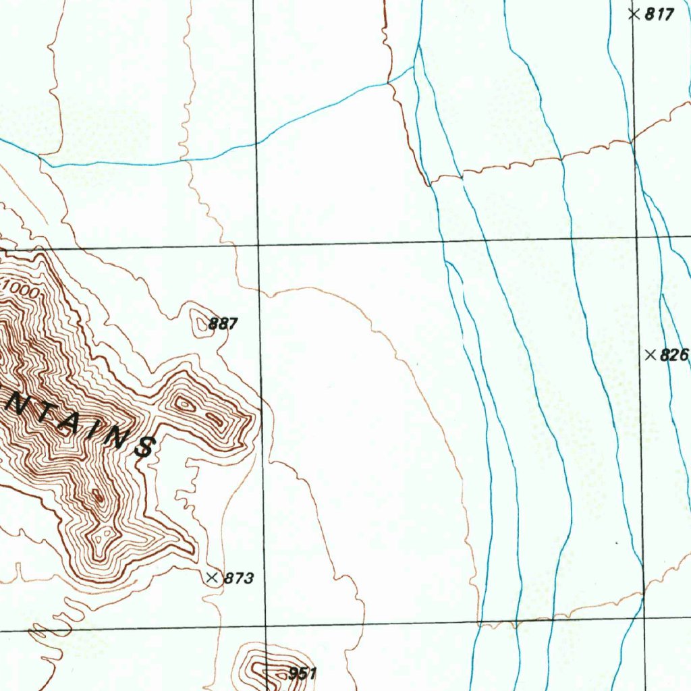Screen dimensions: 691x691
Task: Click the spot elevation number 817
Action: [659, 14]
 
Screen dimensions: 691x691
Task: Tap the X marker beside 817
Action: [633, 13]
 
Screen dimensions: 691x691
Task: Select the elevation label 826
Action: [674, 355]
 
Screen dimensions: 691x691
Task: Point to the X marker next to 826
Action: [651, 354]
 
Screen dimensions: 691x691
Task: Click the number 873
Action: [238, 578]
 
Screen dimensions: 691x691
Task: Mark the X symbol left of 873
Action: [213, 577]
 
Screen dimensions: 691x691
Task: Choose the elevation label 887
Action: [223, 324]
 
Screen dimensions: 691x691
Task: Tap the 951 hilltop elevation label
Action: [302, 673]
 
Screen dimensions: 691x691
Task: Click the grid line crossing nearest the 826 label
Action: [637, 238]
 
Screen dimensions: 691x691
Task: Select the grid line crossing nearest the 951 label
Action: [267, 626]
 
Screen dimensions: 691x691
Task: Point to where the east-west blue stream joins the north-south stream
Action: [414, 68]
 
